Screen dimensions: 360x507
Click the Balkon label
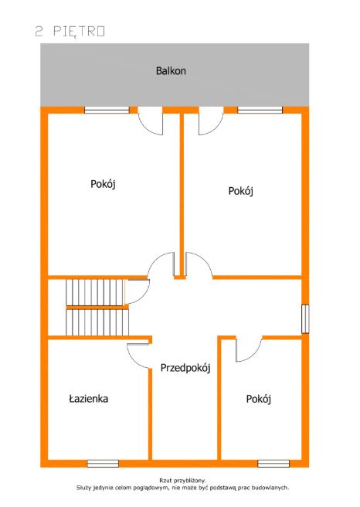point(171,71)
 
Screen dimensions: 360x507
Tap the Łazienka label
point(89,398)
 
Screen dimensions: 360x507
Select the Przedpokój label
point(185,368)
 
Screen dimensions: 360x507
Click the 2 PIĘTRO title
point(70,32)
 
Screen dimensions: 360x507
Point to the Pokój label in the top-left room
point(103,184)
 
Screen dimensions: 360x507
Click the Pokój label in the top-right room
point(240,191)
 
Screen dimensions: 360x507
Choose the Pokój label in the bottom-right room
point(259,399)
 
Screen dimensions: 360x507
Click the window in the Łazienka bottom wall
point(103,464)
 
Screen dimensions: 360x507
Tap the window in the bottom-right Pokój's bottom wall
point(273,464)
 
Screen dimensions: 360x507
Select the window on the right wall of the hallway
point(305,319)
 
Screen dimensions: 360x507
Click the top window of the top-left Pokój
point(107,110)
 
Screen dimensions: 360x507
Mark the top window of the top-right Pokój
point(260,110)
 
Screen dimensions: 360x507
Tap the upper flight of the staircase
point(95,292)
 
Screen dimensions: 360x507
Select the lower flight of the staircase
point(97,322)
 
